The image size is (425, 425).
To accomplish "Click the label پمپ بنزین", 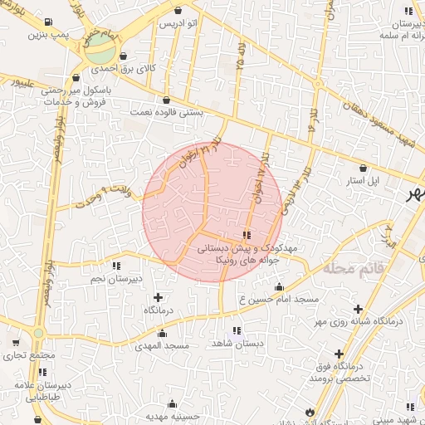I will (x=47, y=35).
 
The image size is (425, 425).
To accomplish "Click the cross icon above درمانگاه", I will (x=158, y=297).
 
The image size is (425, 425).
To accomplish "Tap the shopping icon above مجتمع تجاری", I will (x=16, y=342).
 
